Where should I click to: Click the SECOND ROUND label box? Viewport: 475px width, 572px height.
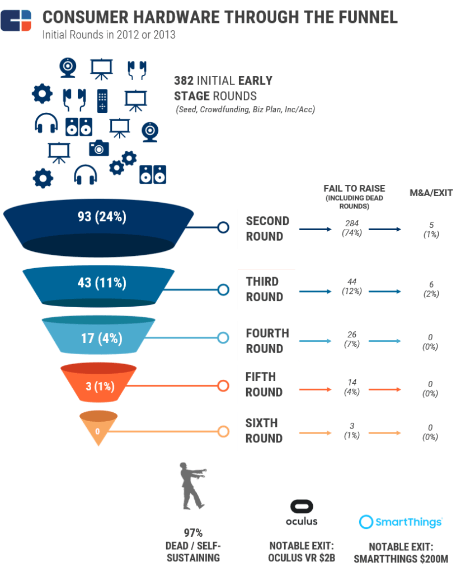pyautogui.click(x=268, y=229)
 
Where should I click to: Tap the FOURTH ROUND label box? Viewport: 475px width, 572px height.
pyautogui.click(x=268, y=341)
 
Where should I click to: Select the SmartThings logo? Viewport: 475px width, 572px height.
pyautogui.click(x=401, y=522)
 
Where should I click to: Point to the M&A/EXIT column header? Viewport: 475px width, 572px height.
pyautogui.click(x=430, y=193)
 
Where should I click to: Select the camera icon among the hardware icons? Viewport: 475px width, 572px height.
pyautogui.click(x=99, y=147)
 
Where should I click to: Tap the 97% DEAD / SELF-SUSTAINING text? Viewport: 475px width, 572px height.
pyautogui.click(x=194, y=545)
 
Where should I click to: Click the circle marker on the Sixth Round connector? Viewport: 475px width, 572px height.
pyautogui.click(x=223, y=431)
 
